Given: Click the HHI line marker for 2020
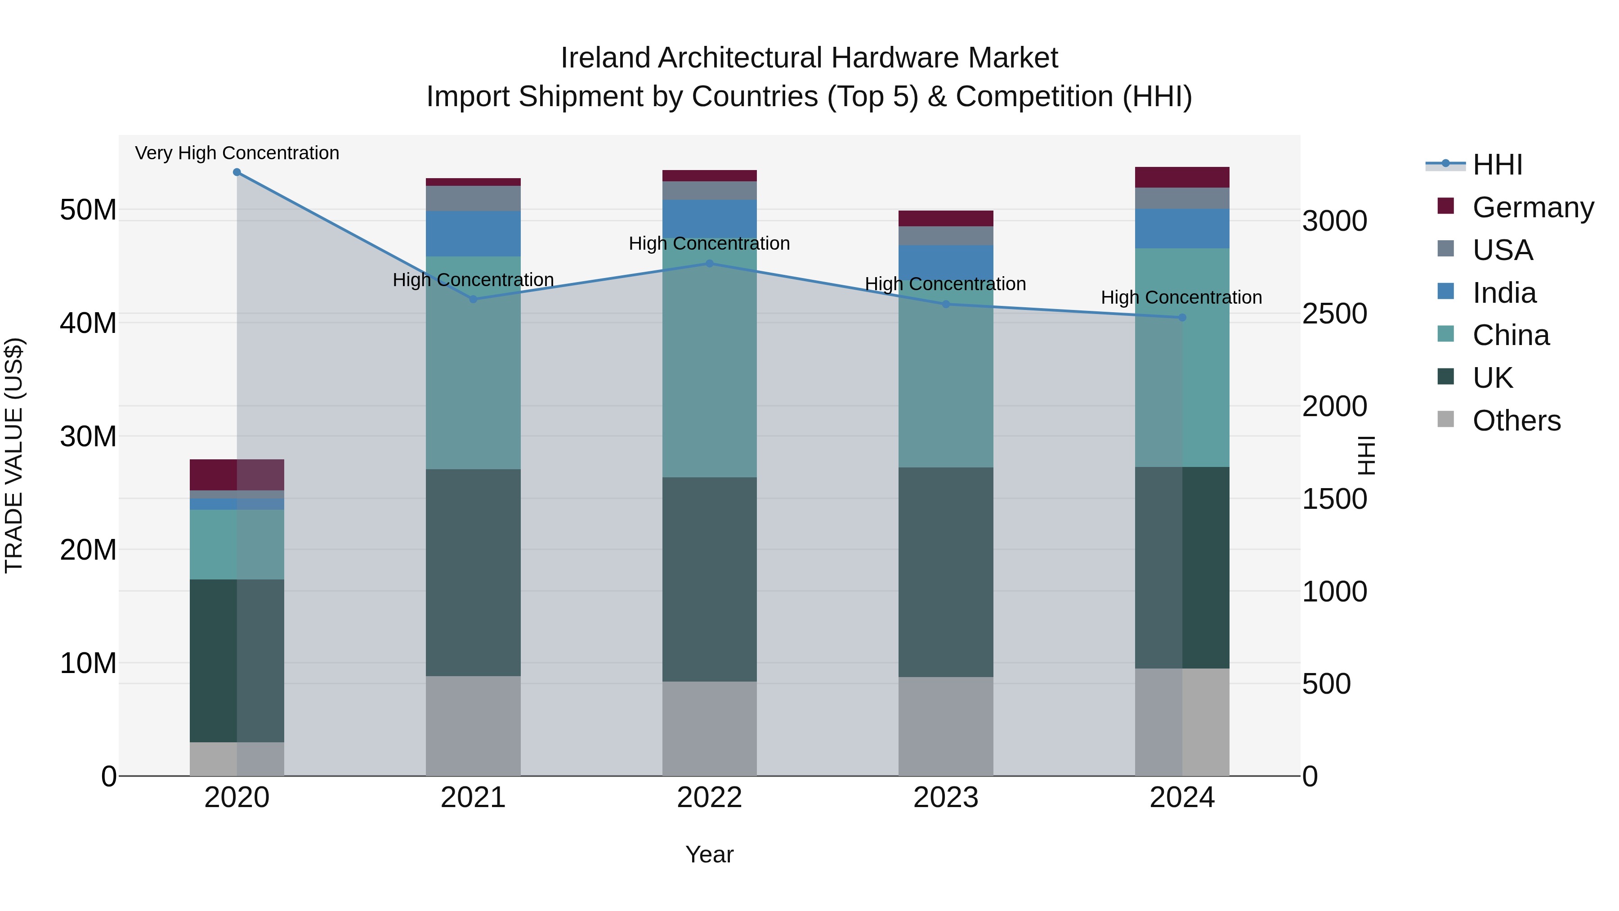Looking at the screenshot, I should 237,172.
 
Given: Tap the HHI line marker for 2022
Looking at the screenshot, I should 710,264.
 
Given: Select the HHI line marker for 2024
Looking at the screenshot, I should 1181,318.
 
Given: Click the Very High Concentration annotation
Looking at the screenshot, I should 237,153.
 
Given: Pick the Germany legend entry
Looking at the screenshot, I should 1532,207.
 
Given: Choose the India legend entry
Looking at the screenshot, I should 1504,293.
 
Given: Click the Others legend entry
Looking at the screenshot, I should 1516,421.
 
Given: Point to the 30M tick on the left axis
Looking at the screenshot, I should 88,436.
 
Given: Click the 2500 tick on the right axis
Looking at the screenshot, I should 1334,314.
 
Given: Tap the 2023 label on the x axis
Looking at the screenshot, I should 945,798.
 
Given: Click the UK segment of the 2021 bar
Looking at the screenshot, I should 473,572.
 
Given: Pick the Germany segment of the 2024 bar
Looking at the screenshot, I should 1181,177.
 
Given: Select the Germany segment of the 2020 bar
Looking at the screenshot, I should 237,475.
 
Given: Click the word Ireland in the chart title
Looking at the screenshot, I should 605,58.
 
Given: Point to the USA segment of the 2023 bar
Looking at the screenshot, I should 945,236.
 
